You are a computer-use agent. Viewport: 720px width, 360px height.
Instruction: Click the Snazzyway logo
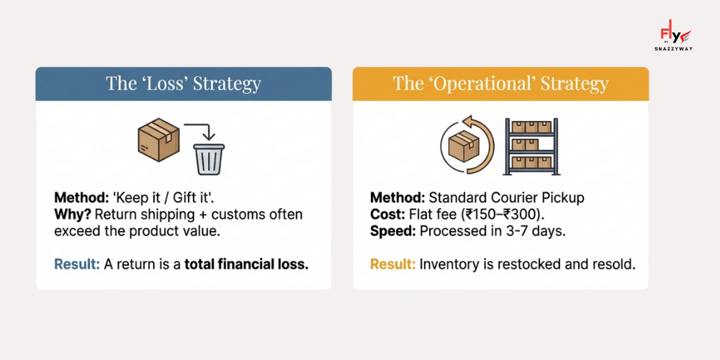coord(675,37)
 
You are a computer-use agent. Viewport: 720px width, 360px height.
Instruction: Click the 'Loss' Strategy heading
coord(184,84)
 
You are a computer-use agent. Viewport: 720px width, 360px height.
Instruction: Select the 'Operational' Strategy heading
coord(500,84)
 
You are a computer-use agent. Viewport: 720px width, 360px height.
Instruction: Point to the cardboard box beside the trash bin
coord(158,140)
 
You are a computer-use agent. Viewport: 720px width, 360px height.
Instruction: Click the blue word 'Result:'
coord(77,264)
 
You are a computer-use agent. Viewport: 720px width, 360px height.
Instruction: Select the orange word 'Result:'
coord(393,264)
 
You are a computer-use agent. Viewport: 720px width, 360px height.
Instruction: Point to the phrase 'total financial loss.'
coord(246,264)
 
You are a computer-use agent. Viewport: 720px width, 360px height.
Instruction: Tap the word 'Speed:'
coord(392,232)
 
